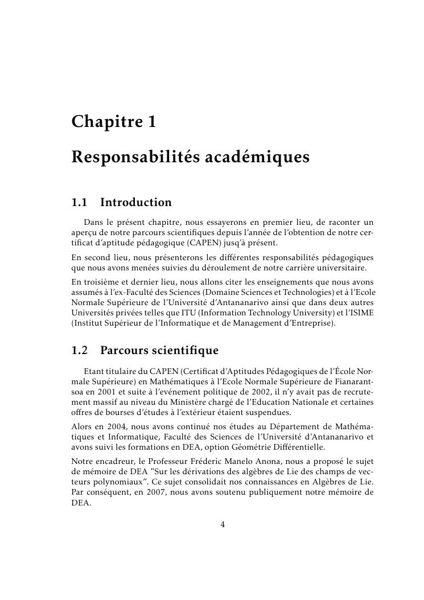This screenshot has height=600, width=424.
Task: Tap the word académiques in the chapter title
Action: (x=256, y=157)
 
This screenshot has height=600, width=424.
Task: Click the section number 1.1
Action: (x=80, y=203)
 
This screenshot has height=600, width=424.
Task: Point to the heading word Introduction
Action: (x=135, y=203)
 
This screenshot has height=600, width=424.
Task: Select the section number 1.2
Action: (x=80, y=350)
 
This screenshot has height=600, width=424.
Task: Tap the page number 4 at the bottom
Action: (x=223, y=525)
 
